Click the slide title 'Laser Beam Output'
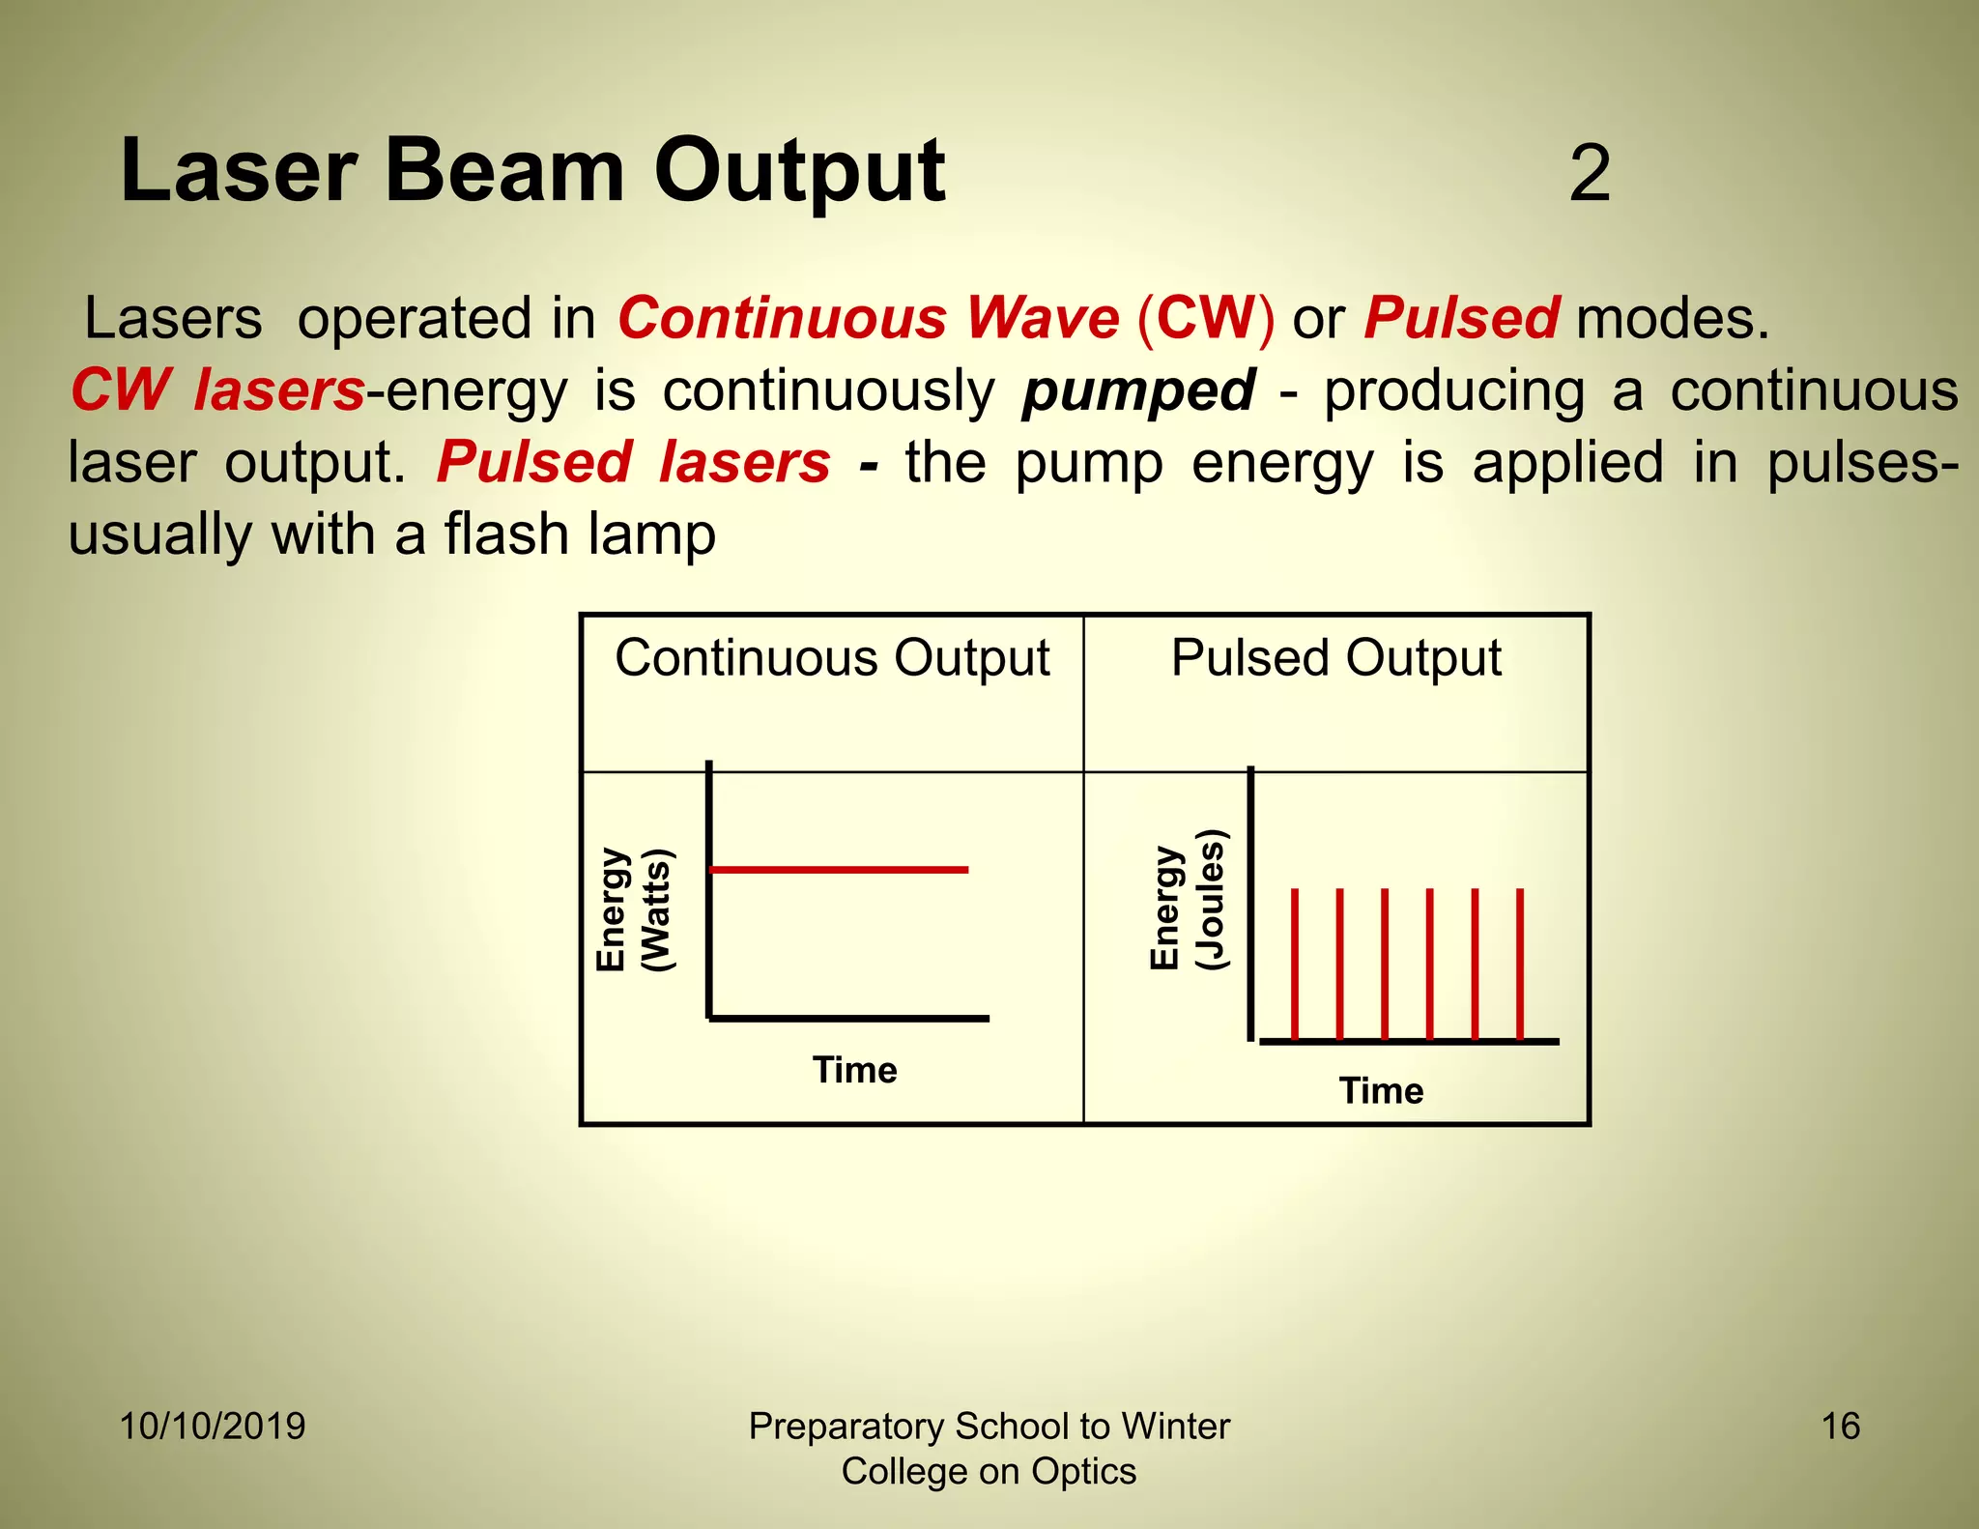click(532, 171)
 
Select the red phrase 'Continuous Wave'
click(868, 318)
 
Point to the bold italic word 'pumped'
click(1138, 390)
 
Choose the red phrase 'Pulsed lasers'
click(633, 462)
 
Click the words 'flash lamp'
click(580, 534)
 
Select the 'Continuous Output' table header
click(832, 658)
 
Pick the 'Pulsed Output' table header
click(1335, 658)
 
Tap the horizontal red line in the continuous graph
click(839, 870)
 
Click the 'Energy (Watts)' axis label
click(634, 909)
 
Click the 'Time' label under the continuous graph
click(854, 1070)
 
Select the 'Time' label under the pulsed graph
click(1381, 1091)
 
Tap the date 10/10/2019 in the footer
click(213, 1427)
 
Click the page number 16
click(1840, 1427)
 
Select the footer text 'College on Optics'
click(989, 1471)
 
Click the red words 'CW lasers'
click(217, 390)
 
